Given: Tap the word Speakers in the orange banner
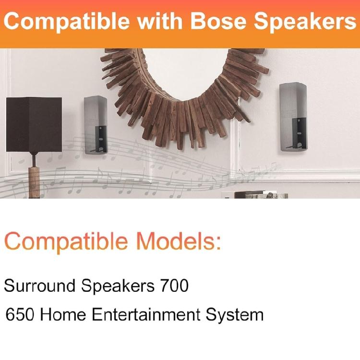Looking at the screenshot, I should pyautogui.click(x=304, y=22).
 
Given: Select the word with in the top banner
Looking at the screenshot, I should pyautogui.click(x=159, y=21).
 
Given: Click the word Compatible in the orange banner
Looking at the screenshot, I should pyautogui.click(x=67, y=22).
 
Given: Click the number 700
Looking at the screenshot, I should pyautogui.click(x=172, y=286).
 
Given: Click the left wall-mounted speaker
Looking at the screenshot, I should pyautogui.click(x=95, y=125).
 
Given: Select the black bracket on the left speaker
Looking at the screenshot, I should pyautogui.click(x=101, y=139).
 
